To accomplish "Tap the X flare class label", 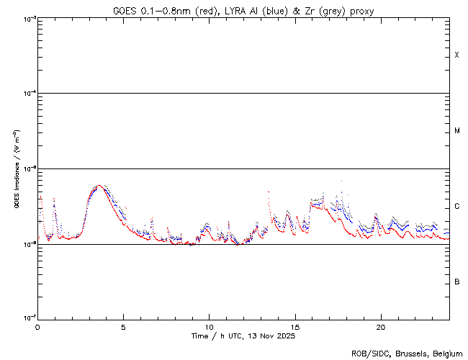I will [x=456, y=55].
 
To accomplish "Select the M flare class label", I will [x=456, y=131].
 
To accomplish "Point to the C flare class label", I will [x=456, y=207].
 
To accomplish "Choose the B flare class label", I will [x=456, y=282].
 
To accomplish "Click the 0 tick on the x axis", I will [x=37, y=326].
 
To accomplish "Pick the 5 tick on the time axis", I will [x=123, y=326].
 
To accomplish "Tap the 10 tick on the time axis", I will [x=209, y=326].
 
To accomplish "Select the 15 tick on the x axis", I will [x=295, y=326].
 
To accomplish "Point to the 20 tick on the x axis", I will [x=381, y=326].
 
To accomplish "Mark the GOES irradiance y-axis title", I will [x=15, y=169].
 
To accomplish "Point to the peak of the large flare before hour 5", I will [x=99, y=186].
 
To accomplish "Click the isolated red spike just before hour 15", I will [x=269, y=192].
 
